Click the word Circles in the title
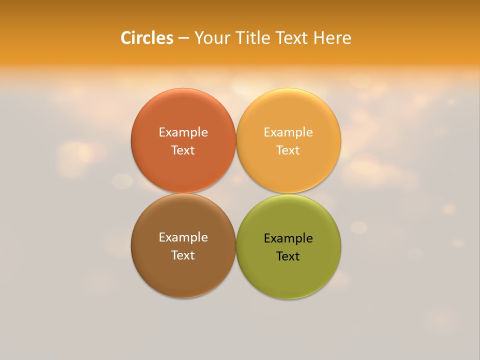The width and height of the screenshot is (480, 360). (x=147, y=38)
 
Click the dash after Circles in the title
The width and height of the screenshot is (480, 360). (x=183, y=38)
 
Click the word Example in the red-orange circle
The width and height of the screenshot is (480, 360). (x=183, y=132)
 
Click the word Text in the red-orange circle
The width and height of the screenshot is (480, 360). (x=183, y=150)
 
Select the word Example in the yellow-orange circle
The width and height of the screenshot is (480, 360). (x=288, y=132)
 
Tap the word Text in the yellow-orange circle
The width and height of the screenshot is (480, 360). (x=288, y=150)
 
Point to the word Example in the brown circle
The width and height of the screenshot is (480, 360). (x=183, y=237)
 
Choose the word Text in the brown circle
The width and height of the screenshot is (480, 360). (x=183, y=255)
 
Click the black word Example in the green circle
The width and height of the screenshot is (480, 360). (x=288, y=238)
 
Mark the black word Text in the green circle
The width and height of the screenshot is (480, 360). (x=288, y=256)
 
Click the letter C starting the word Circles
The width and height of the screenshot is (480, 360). (x=126, y=38)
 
